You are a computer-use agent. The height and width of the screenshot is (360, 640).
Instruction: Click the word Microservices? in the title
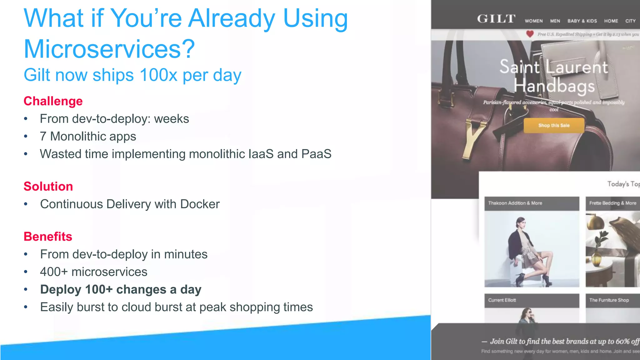(109, 49)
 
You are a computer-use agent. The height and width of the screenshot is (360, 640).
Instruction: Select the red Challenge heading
(53, 101)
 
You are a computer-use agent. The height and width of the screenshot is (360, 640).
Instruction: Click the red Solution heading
(48, 187)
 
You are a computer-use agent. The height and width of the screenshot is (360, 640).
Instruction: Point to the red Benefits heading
(48, 237)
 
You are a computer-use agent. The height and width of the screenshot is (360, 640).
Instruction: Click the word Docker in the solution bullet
(200, 204)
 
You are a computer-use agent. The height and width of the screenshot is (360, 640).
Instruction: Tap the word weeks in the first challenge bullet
(171, 119)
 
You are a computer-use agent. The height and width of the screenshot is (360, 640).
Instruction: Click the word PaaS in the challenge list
(316, 154)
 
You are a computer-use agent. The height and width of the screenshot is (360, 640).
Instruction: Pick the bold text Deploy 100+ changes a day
(121, 289)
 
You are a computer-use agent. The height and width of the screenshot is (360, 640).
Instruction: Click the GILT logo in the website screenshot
(496, 19)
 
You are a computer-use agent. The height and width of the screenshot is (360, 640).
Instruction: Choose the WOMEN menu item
(534, 21)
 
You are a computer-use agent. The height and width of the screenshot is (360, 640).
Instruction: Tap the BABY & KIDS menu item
(582, 21)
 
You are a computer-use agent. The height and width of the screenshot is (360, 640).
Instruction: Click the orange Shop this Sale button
(554, 125)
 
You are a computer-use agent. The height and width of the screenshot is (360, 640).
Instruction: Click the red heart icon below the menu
(530, 34)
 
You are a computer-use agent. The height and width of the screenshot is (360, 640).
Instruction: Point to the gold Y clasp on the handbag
(474, 137)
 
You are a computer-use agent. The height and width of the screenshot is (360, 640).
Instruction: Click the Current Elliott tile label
(502, 300)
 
